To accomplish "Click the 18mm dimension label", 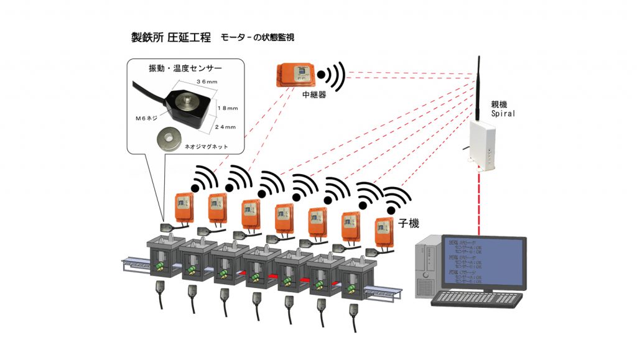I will click(229, 107).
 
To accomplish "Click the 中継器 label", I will click(315, 95).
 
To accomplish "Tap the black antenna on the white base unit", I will click(479, 87).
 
